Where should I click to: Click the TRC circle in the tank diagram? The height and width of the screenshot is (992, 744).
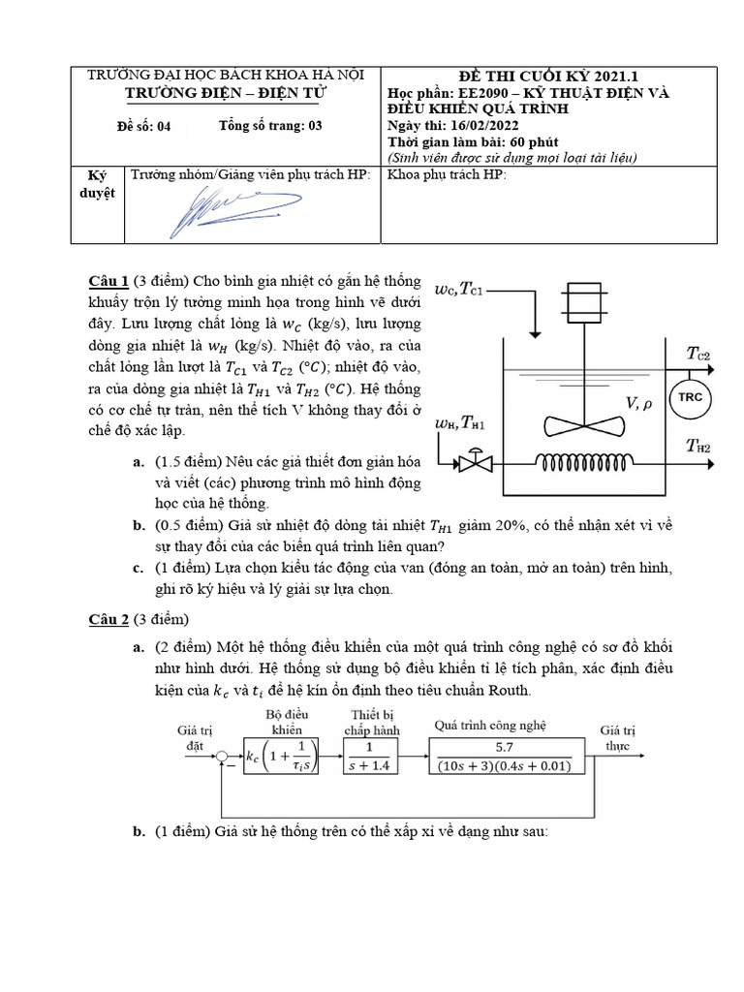[690, 398]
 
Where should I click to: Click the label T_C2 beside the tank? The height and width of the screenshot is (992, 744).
[698, 355]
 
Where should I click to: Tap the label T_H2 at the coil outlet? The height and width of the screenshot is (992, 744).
[698, 446]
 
